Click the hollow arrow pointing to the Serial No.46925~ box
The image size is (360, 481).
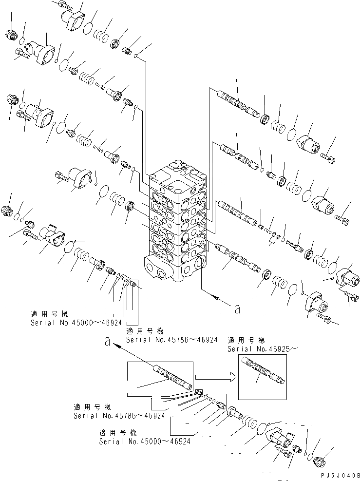215,376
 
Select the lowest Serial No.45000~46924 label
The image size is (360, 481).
144,441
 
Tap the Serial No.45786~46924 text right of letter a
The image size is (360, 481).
171,340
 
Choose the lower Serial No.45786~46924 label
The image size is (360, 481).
119,415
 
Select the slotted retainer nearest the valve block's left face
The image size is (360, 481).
131,207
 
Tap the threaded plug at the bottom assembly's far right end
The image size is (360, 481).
321,460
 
